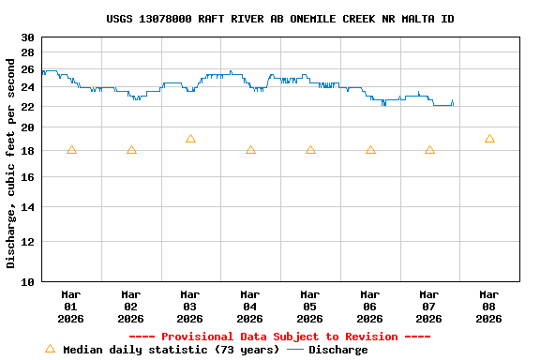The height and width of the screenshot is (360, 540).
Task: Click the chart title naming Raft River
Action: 280,19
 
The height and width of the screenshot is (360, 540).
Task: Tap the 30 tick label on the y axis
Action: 27,37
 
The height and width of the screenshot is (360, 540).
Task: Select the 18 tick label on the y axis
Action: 27,151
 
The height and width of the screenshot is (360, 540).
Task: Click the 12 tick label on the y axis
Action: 27,241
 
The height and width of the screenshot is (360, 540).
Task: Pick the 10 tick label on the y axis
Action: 27,281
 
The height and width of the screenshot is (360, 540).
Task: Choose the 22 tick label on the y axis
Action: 27,107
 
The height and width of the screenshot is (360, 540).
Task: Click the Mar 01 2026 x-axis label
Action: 71,306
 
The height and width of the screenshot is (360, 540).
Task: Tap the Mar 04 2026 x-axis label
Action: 250,306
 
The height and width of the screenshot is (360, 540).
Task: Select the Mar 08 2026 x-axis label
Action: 489,306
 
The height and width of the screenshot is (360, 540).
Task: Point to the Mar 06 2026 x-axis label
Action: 370,306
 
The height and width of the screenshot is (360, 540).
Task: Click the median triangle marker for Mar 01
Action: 71,150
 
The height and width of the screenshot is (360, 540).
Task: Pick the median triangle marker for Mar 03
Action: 190,139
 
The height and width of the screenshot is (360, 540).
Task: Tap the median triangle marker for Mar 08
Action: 489,139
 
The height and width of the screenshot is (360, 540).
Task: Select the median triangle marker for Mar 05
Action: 310,150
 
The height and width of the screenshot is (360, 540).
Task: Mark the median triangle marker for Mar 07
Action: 429,150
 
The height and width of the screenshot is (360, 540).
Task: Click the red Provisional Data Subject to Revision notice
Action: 279,337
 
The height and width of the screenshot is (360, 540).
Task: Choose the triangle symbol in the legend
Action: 51,349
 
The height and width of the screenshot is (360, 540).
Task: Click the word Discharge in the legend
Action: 338,350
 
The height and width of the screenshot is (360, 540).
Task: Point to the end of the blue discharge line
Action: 453,104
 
